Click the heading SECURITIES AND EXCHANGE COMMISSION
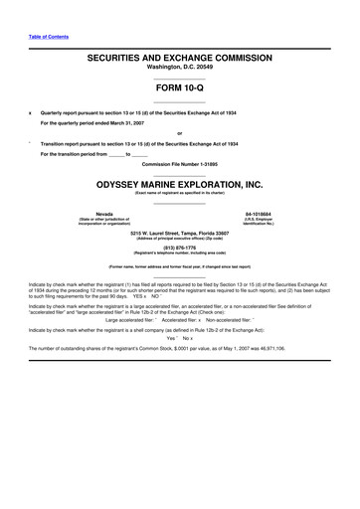pyautogui.click(x=180, y=60)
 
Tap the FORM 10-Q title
pyautogui.click(x=180, y=86)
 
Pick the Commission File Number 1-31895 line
pyautogui.click(x=180, y=163)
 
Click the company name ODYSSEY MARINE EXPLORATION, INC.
pyautogui.click(x=180, y=184)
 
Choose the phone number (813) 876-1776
pyautogui.click(x=180, y=250)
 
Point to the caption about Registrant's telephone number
pyautogui.click(x=180, y=255)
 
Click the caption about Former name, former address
pyautogui.click(x=179, y=268)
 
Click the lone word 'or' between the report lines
pyautogui.click(x=180, y=133)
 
